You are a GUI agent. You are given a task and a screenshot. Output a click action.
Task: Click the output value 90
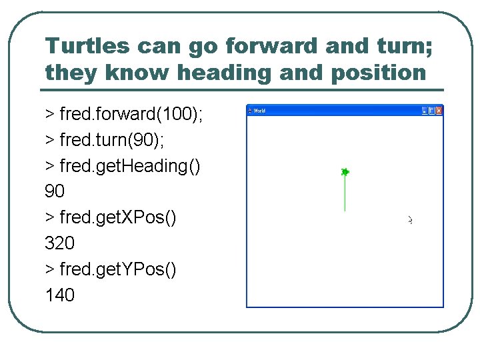(x=55, y=192)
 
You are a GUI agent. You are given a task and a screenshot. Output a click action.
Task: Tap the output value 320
(x=59, y=243)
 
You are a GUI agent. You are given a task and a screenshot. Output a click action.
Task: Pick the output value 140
(x=59, y=295)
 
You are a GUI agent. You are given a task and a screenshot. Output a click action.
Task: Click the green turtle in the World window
(x=345, y=172)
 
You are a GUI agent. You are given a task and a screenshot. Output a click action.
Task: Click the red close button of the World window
(x=439, y=111)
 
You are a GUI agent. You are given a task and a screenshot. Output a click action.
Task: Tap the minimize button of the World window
(x=425, y=111)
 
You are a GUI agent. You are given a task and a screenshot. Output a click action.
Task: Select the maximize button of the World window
(x=431, y=111)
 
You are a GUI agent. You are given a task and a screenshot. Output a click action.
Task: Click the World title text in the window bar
(x=259, y=111)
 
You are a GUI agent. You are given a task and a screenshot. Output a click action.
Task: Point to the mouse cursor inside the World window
(x=411, y=220)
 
